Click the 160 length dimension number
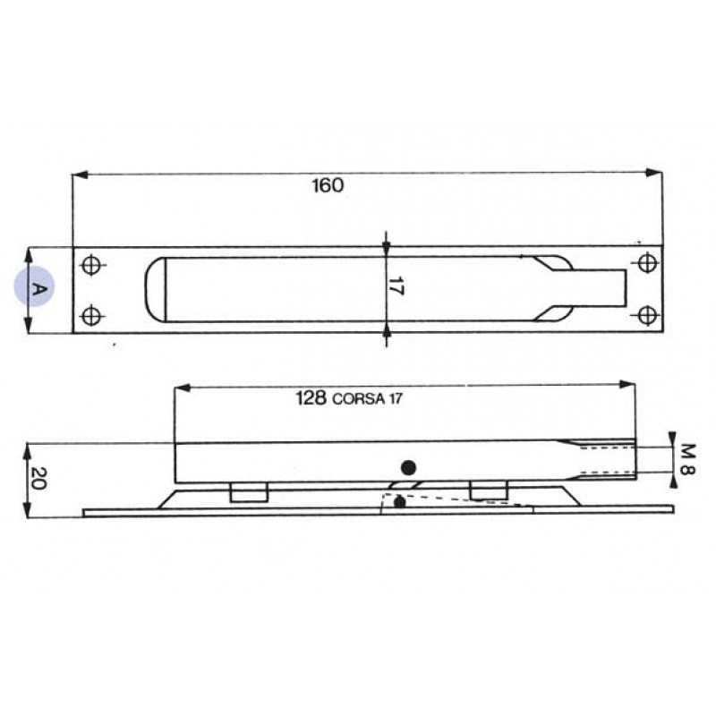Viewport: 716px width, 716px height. (x=327, y=186)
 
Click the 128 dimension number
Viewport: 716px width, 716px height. (x=311, y=399)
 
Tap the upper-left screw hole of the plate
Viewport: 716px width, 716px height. (x=90, y=265)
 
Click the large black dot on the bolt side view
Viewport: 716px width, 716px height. (x=409, y=466)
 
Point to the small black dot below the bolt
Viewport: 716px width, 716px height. (x=399, y=503)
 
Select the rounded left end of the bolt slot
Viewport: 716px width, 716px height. (x=156, y=289)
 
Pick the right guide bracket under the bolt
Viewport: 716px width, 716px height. (x=488, y=490)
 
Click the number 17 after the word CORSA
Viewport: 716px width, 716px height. (x=394, y=401)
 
